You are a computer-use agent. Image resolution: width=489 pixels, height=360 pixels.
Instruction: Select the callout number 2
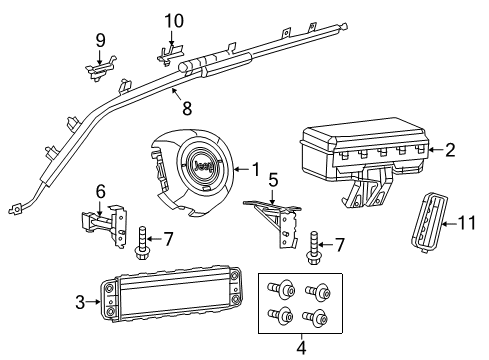tap(449, 151)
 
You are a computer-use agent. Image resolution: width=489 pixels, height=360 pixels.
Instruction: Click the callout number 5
tap(273, 184)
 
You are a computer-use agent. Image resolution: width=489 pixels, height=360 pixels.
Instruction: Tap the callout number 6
tap(100, 190)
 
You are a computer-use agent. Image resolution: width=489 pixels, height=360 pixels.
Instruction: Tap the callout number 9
tap(100, 40)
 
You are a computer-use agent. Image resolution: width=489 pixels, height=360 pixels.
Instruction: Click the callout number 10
tap(174, 19)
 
